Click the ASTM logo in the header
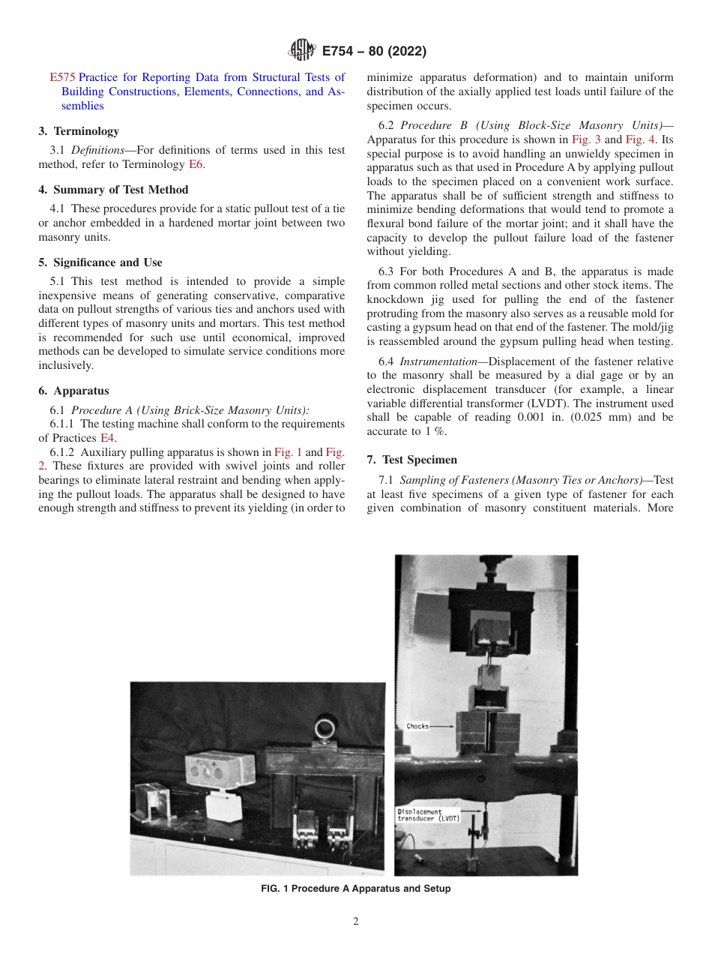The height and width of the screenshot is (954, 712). [302, 51]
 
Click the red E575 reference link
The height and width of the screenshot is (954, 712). [61, 76]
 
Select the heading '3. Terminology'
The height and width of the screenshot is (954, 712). [79, 131]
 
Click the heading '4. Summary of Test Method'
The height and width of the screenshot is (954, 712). [113, 190]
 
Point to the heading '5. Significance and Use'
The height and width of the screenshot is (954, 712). [100, 262]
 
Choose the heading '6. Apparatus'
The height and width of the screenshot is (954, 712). [73, 391]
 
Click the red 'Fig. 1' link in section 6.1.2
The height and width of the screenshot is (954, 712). [288, 452]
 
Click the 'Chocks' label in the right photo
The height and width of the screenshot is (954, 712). [417, 726]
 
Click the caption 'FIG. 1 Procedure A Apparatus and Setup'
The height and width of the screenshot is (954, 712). [355, 889]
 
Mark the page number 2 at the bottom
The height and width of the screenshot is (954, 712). [356, 922]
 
